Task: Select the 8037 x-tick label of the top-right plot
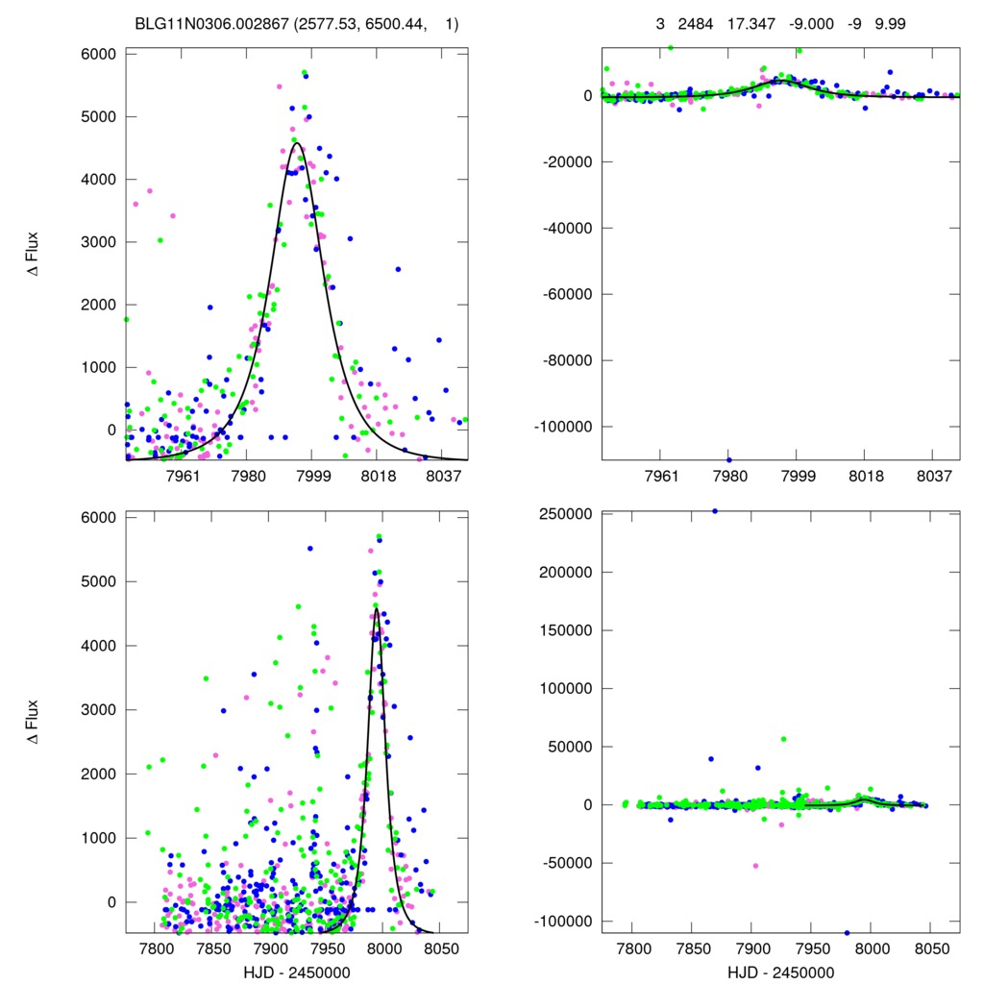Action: tap(934, 476)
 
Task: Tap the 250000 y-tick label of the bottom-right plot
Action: tap(565, 514)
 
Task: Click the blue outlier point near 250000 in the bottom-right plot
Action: tap(714, 511)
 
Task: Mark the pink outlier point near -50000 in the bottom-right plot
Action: tap(755, 866)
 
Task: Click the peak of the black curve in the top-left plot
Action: tap(296, 144)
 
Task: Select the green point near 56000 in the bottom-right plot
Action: tap(783, 739)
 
